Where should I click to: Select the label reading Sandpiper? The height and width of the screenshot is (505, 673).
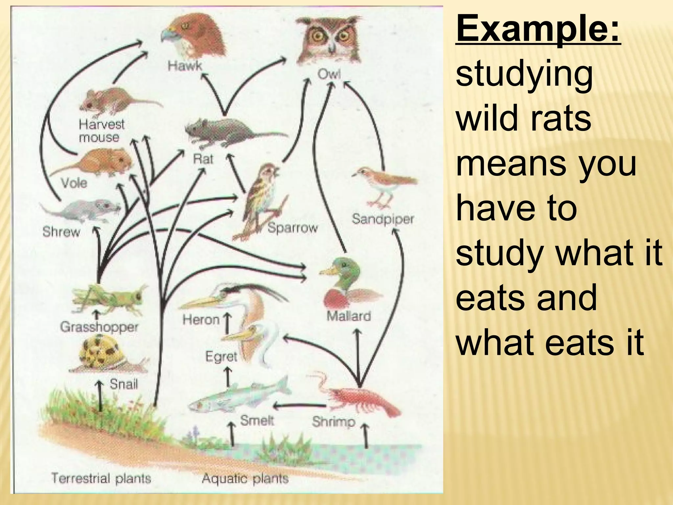coord(383,219)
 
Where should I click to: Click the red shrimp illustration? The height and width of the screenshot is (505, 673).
coord(361,398)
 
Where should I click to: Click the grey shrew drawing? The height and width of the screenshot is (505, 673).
coord(82,210)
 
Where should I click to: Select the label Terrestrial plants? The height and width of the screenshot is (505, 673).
coord(101,478)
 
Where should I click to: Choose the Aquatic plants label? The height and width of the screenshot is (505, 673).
coord(245,478)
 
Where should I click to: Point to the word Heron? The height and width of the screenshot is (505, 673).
coord(201,320)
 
